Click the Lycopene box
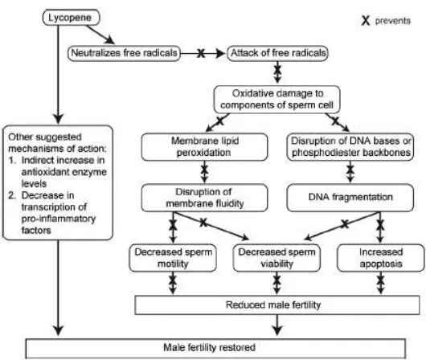(x=71, y=18)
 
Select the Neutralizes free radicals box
(x=124, y=53)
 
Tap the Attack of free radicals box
(x=277, y=53)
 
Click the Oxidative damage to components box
(x=276, y=100)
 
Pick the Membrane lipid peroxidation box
(x=204, y=147)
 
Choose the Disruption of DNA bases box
(x=350, y=147)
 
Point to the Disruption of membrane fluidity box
(x=204, y=198)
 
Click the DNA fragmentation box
(x=350, y=198)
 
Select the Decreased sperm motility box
(x=173, y=258)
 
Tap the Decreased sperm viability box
(x=276, y=258)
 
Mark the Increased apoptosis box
(x=381, y=258)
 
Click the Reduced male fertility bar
(x=277, y=305)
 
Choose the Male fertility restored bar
(x=215, y=348)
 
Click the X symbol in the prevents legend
(x=366, y=21)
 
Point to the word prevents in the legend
(x=393, y=21)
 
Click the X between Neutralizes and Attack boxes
(x=201, y=53)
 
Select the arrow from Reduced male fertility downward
(x=276, y=325)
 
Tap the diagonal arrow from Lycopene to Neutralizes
(x=100, y=35)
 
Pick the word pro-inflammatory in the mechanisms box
(x=59, y=219)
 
